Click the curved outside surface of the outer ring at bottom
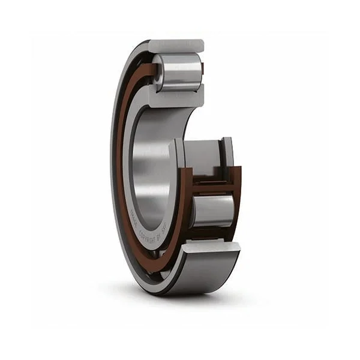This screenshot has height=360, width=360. click(204, 273)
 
